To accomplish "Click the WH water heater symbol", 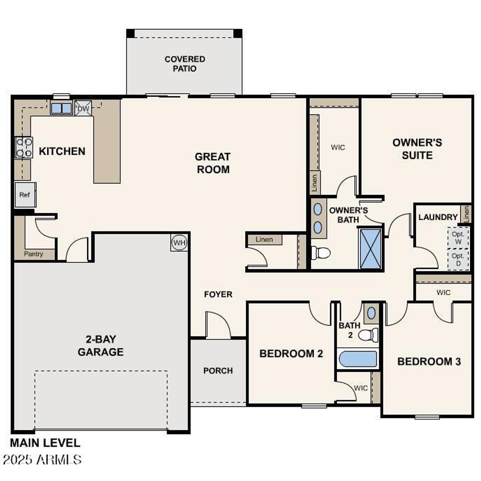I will tap(179, 243).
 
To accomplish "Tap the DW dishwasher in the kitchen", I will tap(83, 109).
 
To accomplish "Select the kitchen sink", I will tap(61, 108).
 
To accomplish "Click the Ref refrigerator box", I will tap(25, 195).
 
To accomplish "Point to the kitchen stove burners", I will tap(23, 147).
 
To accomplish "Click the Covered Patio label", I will tap(185, 64).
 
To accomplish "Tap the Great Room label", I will tap(213, 163).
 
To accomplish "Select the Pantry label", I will tap(33, 254).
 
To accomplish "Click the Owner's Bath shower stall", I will tap(370, 249).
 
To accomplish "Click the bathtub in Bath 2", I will tap(358, 359).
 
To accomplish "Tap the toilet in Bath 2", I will tap(369, 334).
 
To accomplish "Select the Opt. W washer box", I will tap(458, 237).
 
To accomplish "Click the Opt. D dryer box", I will tap(458, 259).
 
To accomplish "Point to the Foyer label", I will tap(218, 294).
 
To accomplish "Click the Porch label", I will tap(218, 371).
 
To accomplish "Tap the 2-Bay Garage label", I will tap(100, 346).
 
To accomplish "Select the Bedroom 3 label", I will tap(429, 362).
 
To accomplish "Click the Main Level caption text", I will tap(45, 443).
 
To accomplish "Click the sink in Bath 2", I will tap(371, 313).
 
